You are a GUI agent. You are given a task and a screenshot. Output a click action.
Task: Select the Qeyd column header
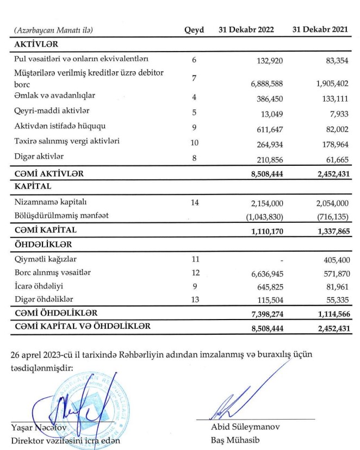tap(194, 30)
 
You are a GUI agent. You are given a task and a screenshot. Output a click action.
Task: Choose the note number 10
tap(194, 143)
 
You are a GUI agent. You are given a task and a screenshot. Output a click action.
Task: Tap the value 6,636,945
tap(267, 273)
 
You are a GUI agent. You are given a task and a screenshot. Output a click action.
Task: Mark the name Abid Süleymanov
tap(245, 427)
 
